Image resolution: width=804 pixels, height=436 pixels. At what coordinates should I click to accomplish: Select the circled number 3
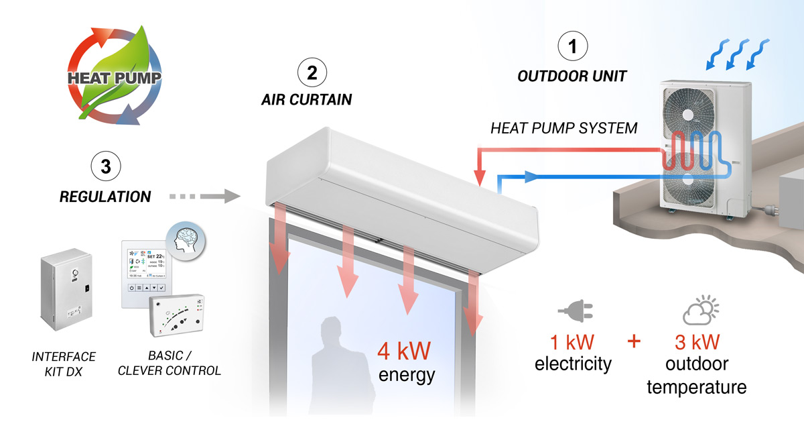click(105, 166)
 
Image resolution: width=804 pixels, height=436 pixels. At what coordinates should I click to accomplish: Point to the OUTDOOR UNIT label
click(572, 76)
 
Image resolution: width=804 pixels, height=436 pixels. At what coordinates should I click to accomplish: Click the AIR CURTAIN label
click(306, 101)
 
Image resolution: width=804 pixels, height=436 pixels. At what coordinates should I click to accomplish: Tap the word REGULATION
click(105, 197)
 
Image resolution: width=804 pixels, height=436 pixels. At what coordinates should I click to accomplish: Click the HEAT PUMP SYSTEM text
click(564, 128)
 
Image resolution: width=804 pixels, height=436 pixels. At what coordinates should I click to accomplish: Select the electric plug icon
click(574, 312)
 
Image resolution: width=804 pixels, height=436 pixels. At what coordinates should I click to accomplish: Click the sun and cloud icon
click(700, 311)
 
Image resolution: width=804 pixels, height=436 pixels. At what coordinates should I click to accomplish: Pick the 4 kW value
click(403, 351)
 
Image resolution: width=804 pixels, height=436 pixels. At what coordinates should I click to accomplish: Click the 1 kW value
click(572, 342)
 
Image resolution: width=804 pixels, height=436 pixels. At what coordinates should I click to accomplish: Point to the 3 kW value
click(697, 342)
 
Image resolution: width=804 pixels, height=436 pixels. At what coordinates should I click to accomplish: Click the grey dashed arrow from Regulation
click(204, 197)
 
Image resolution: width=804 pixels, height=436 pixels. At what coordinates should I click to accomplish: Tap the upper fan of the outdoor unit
click(689, 115)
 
